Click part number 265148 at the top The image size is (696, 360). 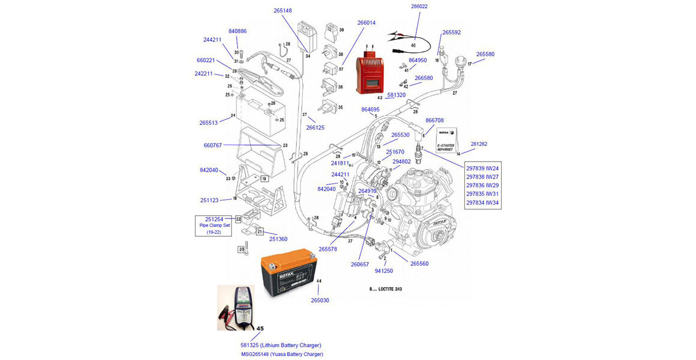coord(283,11)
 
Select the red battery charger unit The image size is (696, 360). coord(370,74)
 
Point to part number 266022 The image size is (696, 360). coord(419,7)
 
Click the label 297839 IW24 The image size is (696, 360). coord(484,169)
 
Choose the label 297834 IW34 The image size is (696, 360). coord(484,202)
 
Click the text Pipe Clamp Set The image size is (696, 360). coord(214,226)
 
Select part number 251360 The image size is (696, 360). coord(278,239)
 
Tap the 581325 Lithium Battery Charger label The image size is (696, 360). coord(281,345)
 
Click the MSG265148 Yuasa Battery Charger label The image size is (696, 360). coord(281,354)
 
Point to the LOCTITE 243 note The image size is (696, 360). coord(385,289)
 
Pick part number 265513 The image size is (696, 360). coord(208,123)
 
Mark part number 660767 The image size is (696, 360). coord(212,145)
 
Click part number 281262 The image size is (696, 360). coord(479,144)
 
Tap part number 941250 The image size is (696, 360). coord(383,271)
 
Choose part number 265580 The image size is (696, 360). coord(485,54)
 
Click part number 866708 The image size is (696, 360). coord(434,121)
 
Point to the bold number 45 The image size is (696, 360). coord(260,329)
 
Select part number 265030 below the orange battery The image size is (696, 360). coord(320,300)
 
